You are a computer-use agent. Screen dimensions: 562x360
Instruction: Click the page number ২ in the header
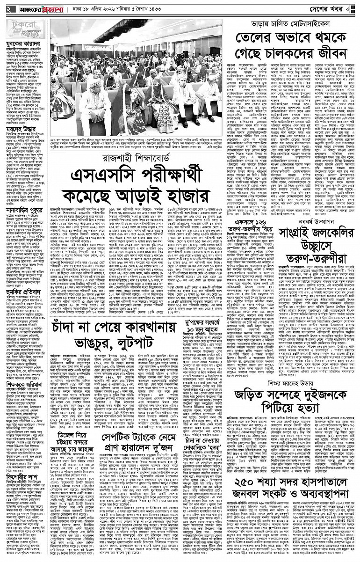point(8,8)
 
